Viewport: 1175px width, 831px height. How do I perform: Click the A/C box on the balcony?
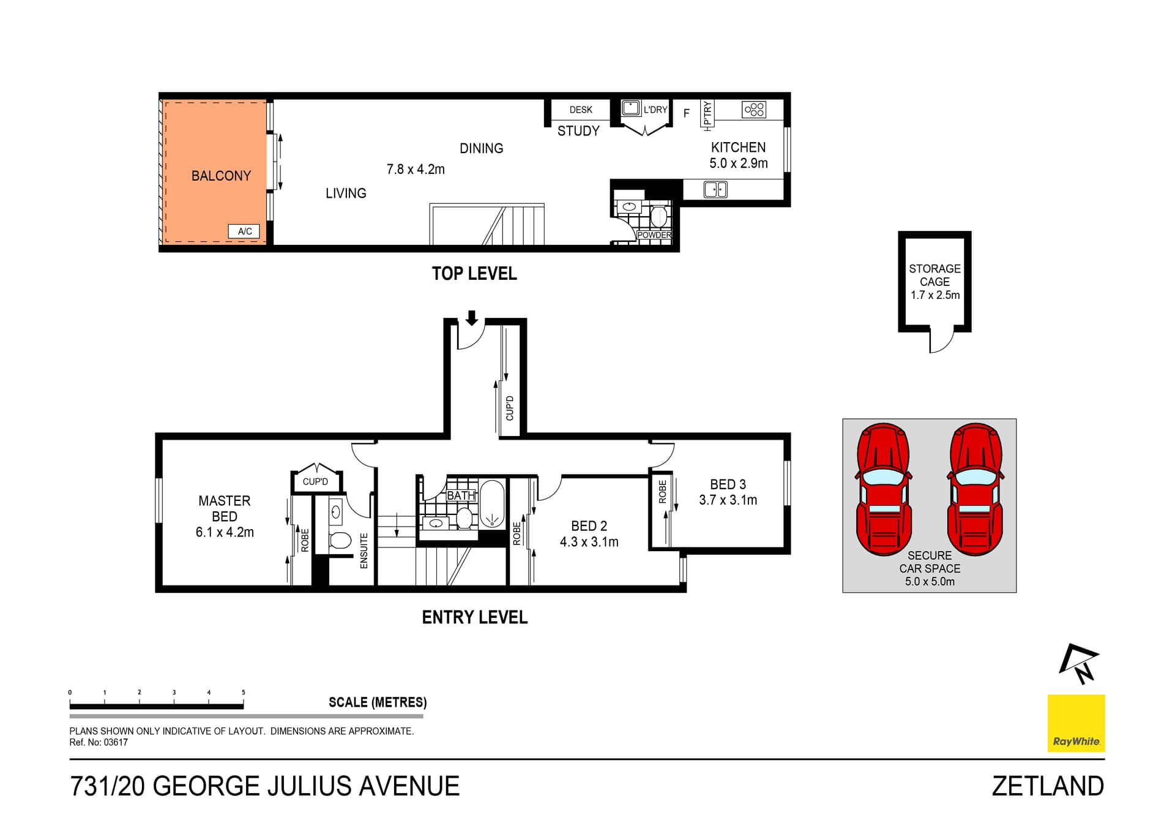point(244,231)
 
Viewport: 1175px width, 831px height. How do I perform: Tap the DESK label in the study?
point(580,110)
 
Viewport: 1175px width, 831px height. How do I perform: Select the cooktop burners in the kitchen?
point(753,110)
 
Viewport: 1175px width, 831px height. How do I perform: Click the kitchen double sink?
point(715,189)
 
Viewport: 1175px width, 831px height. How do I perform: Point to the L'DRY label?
point(655,110)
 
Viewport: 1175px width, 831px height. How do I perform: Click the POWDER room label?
point(654,235)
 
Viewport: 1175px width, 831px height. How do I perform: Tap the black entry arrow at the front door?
point(471,317)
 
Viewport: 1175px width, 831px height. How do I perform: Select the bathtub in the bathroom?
point(491,504)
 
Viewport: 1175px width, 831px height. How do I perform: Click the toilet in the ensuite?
point(340,541)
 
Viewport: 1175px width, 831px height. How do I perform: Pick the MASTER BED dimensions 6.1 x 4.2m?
point(225,532)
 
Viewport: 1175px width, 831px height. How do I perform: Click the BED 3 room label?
point(728,484)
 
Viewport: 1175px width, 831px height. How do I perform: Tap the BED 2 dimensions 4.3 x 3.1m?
point(589,542)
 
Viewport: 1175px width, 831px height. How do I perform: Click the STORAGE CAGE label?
point(934,275)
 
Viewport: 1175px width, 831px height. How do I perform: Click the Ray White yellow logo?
point(1076,723)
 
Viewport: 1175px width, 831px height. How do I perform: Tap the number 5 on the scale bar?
point(244,693)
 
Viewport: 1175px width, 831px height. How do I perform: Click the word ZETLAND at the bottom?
point(1048,786)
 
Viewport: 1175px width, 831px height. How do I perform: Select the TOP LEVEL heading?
point(474,274)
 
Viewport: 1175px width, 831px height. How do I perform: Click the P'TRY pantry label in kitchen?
point(707,115)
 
